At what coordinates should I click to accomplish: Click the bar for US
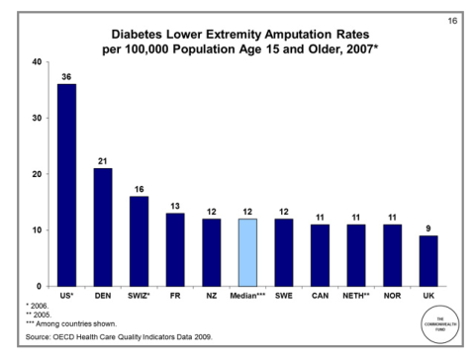[67, 185]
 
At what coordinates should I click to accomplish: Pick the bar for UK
[427, 261]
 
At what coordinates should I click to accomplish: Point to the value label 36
[67, 75]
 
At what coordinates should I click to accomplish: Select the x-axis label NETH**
[354, 296]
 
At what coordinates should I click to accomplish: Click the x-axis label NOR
[392, 296]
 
